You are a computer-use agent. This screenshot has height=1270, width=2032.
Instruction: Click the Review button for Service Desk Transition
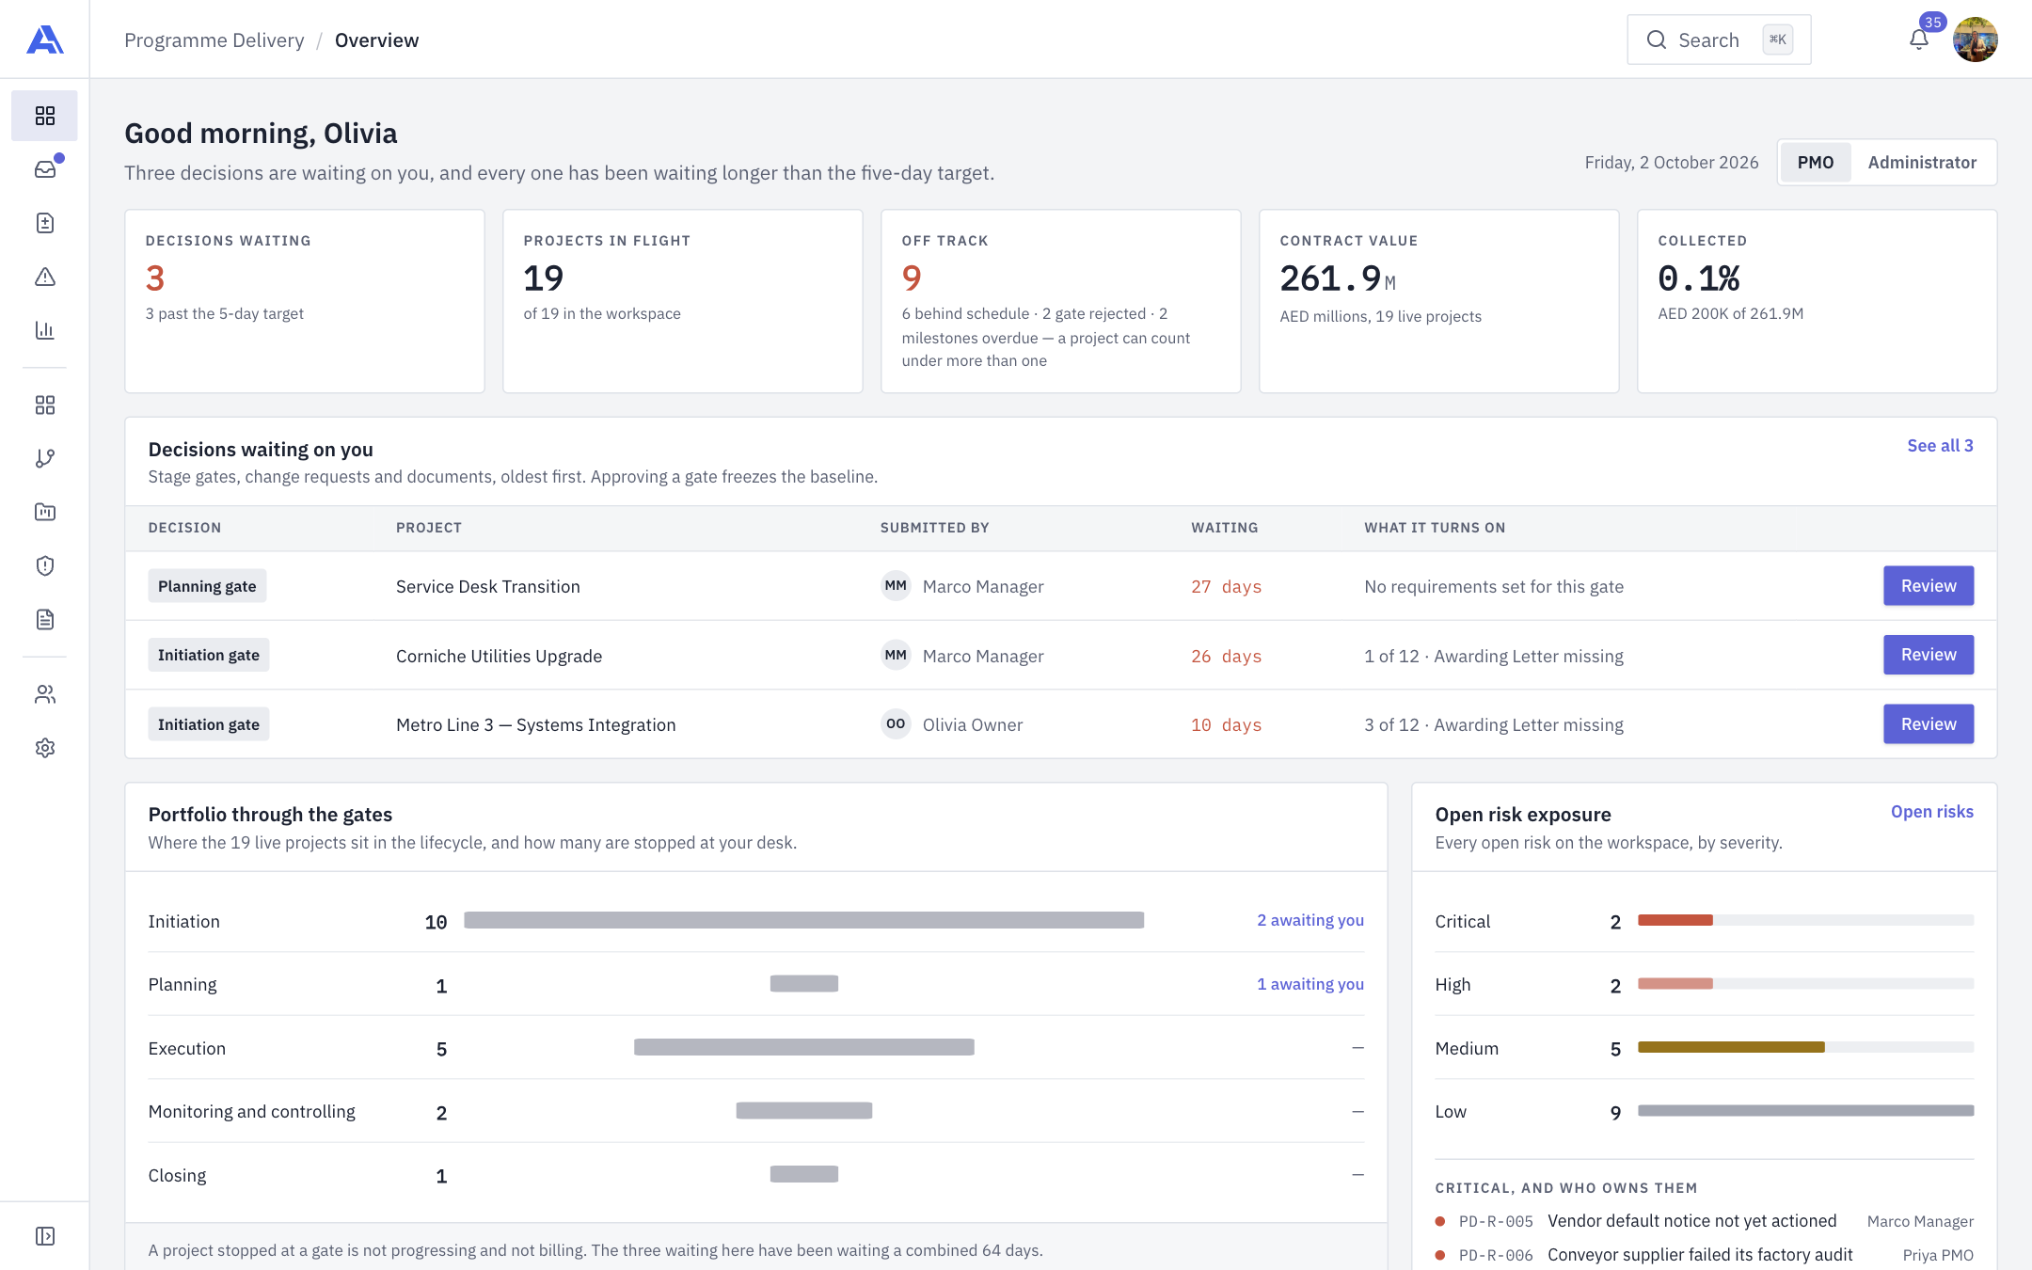[x=1928, y=586]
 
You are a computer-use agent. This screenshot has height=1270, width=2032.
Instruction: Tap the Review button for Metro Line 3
[x=1928, y=724]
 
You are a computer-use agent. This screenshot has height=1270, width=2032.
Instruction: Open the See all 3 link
[x=1940, y=446]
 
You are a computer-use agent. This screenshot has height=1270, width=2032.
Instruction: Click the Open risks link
[x=1931, y=812]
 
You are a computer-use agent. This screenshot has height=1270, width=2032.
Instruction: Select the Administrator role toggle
[x=1922, y=163]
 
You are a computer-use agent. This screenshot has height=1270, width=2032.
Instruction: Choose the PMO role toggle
[x=1816, y=163]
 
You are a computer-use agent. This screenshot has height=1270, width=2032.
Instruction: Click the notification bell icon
[x=1919, y=40]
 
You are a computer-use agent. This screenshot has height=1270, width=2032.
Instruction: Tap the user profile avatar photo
[x=1975, y=40]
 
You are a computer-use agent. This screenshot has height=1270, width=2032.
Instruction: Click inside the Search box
[x=1719, y=40]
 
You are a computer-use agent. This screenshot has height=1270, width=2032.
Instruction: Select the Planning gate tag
[x=207, y=586]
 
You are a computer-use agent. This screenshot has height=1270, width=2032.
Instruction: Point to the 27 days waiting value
[x=1226, y=587]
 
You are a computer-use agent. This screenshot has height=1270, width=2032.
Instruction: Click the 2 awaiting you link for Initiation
[x=1310, y=920]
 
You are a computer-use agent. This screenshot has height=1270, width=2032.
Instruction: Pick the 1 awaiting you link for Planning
[x=1310, y=984]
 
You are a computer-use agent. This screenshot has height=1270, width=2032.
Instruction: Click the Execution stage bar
[x=804, y=1047]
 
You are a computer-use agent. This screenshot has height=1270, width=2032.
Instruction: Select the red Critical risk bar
[x=1675, y=920]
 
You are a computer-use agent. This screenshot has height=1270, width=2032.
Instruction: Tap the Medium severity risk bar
[x=1731, y=1047]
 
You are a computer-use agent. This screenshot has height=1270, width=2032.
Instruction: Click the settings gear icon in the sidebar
[x=45, y=748]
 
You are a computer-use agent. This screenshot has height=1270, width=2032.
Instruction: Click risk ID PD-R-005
[x=1496, y=1222]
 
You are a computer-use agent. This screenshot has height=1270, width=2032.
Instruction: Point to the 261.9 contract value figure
[x=1330, y=278]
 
